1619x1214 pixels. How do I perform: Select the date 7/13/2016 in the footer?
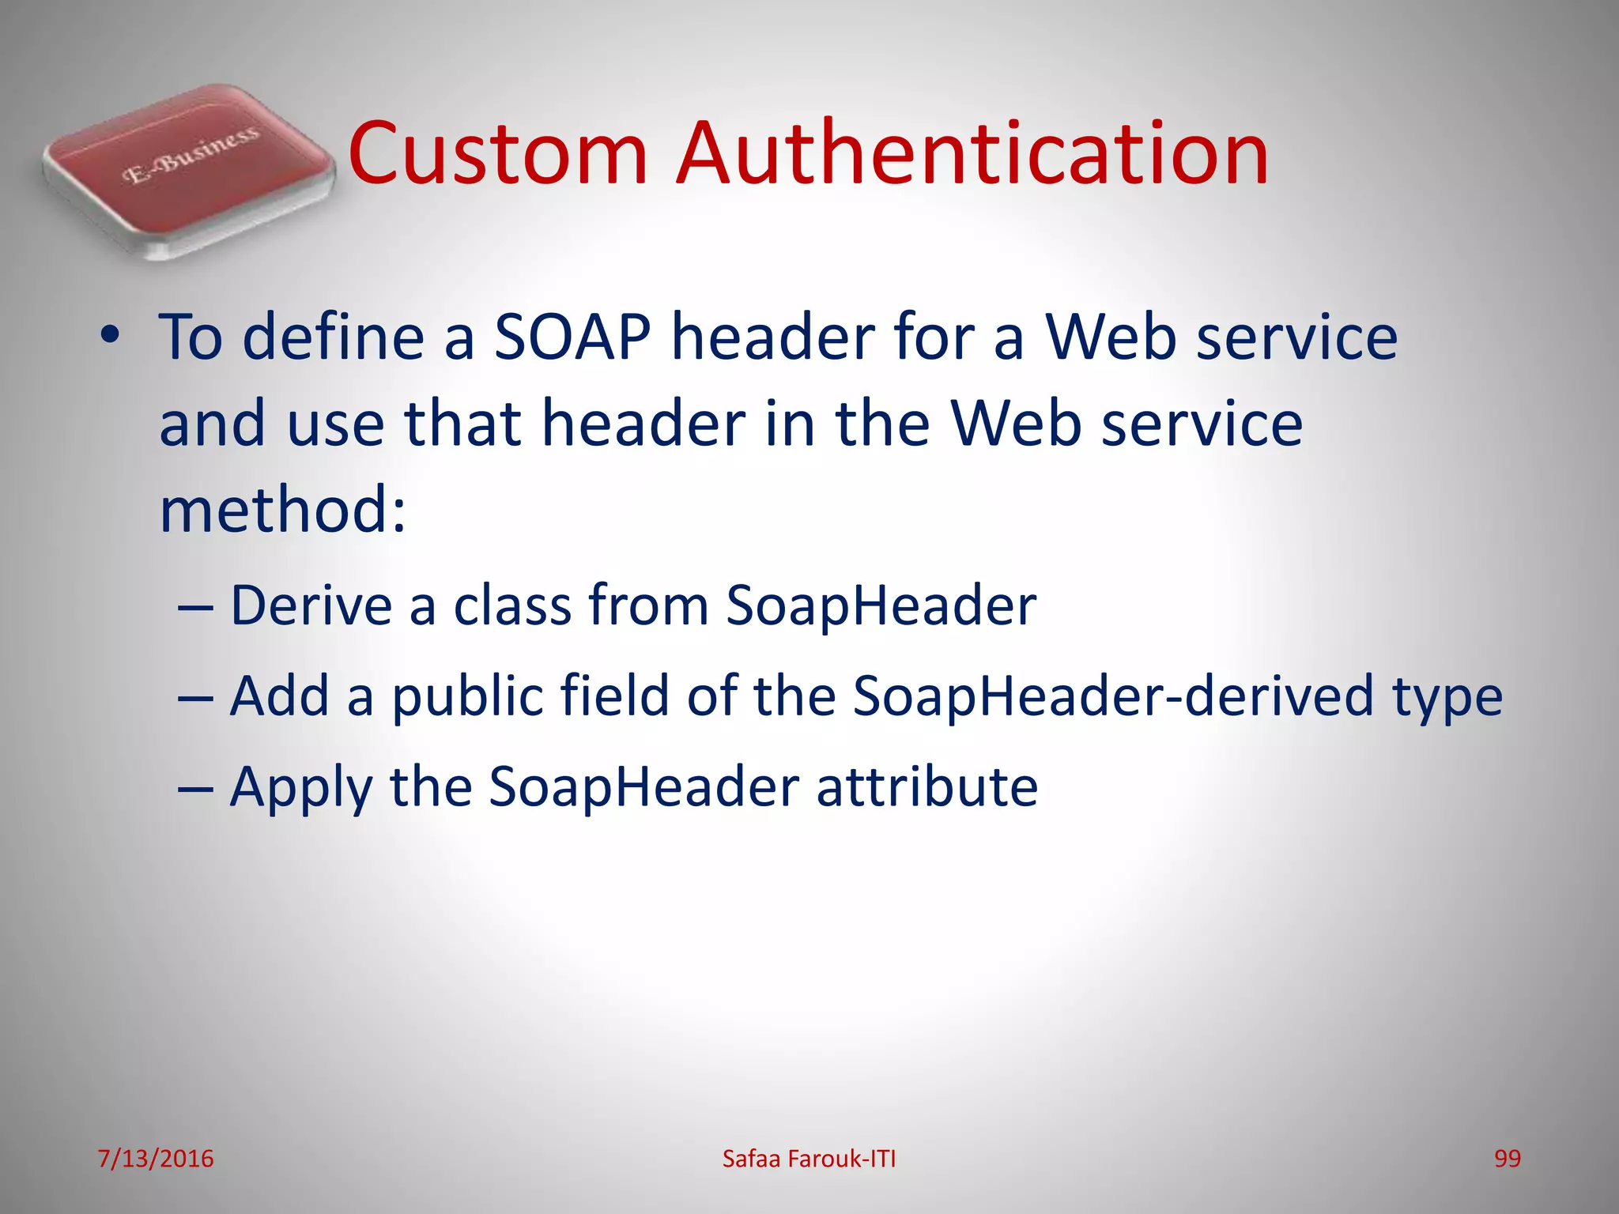click(x=156, y=1159)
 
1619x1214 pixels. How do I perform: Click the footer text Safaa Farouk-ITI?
click(x=809, y=1159)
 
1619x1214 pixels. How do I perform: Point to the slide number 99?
click(x=1507, y=1159)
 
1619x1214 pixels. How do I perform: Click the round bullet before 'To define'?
click(x=110, y=335)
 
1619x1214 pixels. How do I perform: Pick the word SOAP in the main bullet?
click(x=572, y=337)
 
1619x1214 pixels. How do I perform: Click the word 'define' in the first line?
click(x=333, y=337)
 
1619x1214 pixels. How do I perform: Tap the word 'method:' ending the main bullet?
click(x=283, y=511)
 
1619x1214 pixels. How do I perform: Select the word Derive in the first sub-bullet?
click(x=311, y=605)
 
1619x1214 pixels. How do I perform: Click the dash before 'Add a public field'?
click(x=195, y=698)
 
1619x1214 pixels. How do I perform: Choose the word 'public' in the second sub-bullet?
click(x=467, y=698)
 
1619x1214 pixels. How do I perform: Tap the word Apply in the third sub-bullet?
click(x=300, y=789)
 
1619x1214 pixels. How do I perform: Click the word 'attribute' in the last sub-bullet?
click(x=926, y=787)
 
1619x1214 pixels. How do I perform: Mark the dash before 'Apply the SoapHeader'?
click(x=195, y=789)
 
